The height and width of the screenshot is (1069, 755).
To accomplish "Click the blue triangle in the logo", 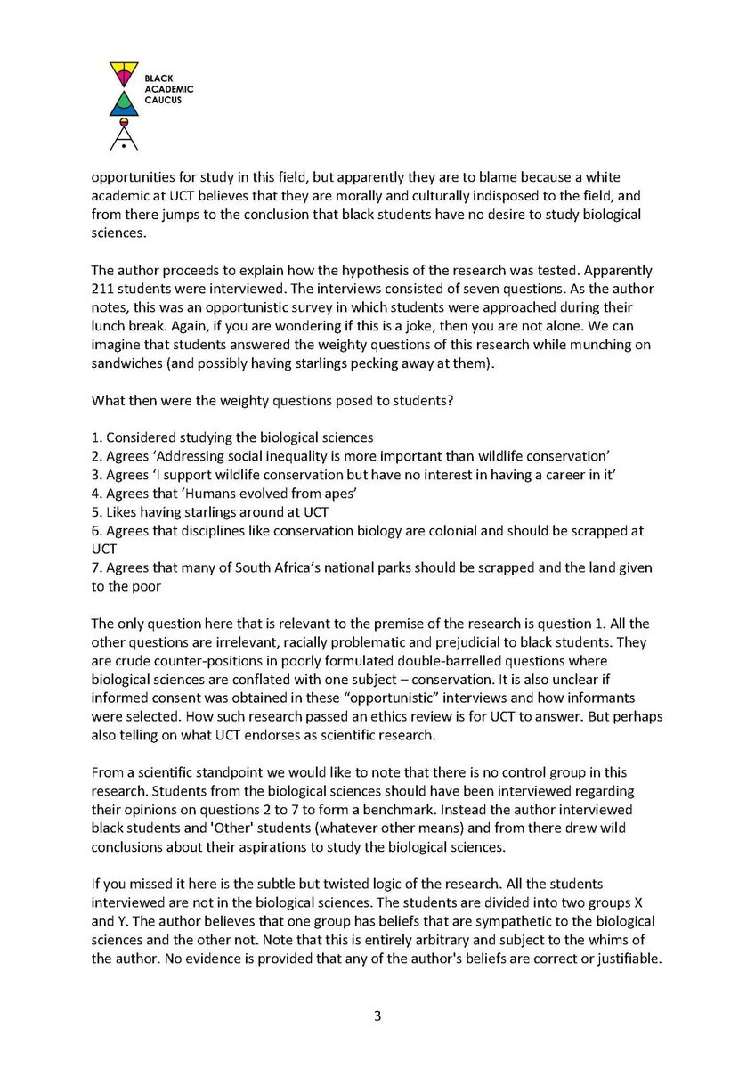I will [x=122, y=106].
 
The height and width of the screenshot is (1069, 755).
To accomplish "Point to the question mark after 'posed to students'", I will [x=454, y=400].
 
